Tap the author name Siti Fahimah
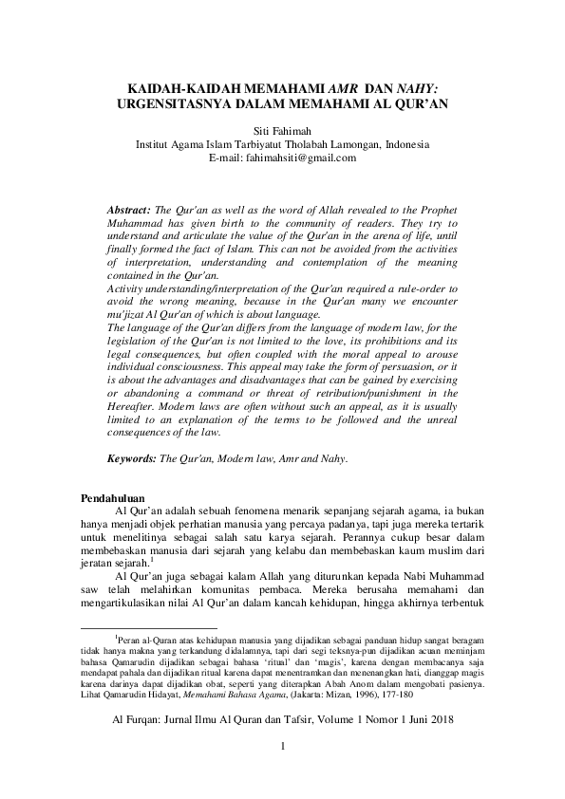[282, 131]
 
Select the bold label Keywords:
[133, 458]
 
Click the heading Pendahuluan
[112, 496]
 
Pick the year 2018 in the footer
[440, 720]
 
